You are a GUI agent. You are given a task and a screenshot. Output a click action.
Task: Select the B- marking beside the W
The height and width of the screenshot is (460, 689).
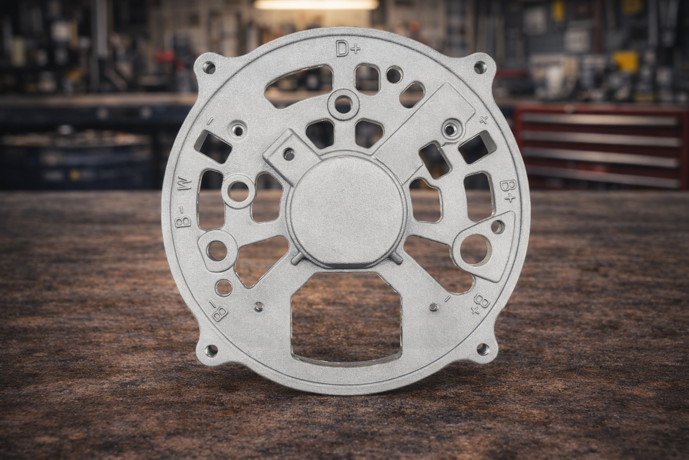point(183,217)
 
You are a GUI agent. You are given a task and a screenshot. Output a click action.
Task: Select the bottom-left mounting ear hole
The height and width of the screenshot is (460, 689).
point(212,349)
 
